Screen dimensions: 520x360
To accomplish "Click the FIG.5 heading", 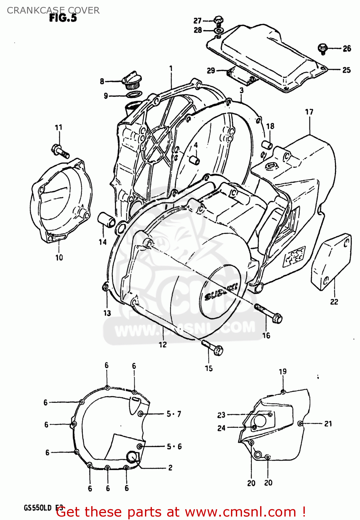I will tap(63, 18).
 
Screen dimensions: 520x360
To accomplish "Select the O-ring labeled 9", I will tap(134, 95).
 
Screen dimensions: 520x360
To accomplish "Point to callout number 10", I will tap(59, 258).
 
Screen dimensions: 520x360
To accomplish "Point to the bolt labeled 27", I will tap(218, 20).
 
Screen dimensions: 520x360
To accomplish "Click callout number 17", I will tap(309, 112).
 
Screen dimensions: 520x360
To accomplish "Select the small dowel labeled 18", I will tap(267, 145).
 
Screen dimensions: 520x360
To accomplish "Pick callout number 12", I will tap(163, 345).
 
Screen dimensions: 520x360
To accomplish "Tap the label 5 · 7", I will tap(174, 414).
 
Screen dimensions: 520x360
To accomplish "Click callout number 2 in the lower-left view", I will tap(170, 468).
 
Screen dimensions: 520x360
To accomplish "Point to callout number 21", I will tap(328, 424).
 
